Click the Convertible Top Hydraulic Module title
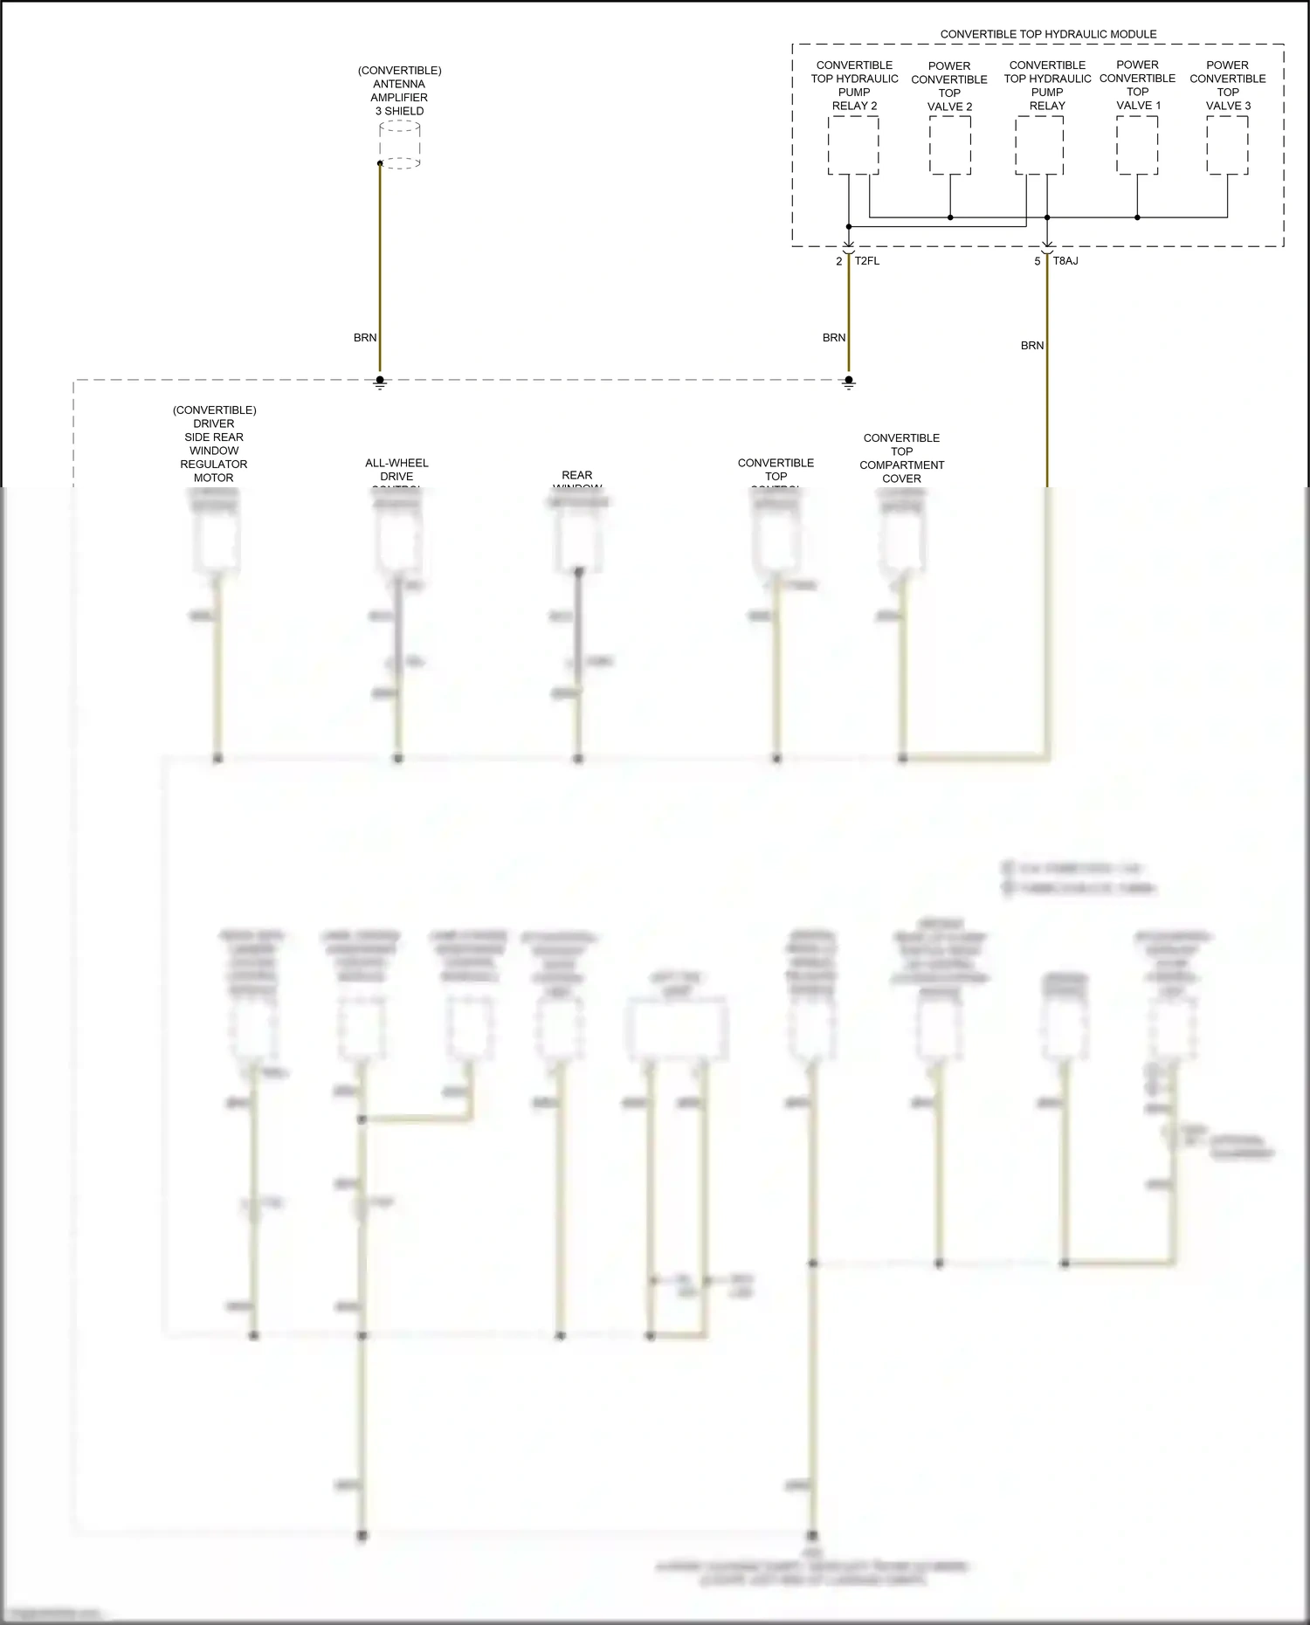pyautogui.click(x=1048, y=34)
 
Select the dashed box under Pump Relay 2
pyautogui.click(x=853, y=146)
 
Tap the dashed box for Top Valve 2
pyautogui.click(x=949, y=146)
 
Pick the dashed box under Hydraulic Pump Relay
pyautogui.click(x=1039, y=146)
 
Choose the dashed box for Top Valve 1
pyautogui.click(x=1137, y=146)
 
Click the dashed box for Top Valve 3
pyautogui.click(x=1227, y=146)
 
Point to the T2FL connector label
pyautogui.click(x=867, y=261)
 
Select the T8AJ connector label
pyautogui.click(x=1065, y=261)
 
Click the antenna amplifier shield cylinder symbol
pyautogui.click(x=400, y=145)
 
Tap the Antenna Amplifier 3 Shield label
pyautogui.click(x=399, y=91)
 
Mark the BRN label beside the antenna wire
pyautogui.click(x=365, y=338)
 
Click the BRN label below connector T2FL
pyautogui.click(x=834, y=338)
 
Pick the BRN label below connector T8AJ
pyautogui.click(x=1032, y=346)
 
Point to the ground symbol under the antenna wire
pyautogui.click(x=380, y=382)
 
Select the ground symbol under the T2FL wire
pyautogui.click(x=849, y=382)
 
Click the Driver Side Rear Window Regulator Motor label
pyautogui.click(x=214, y=444)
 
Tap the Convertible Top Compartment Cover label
pyautogui.click(x=901, y=458)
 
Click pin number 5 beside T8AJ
pyautogui.click(x=1038, y=261)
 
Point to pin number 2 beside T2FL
pyautogui.click(x=839, y=261)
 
